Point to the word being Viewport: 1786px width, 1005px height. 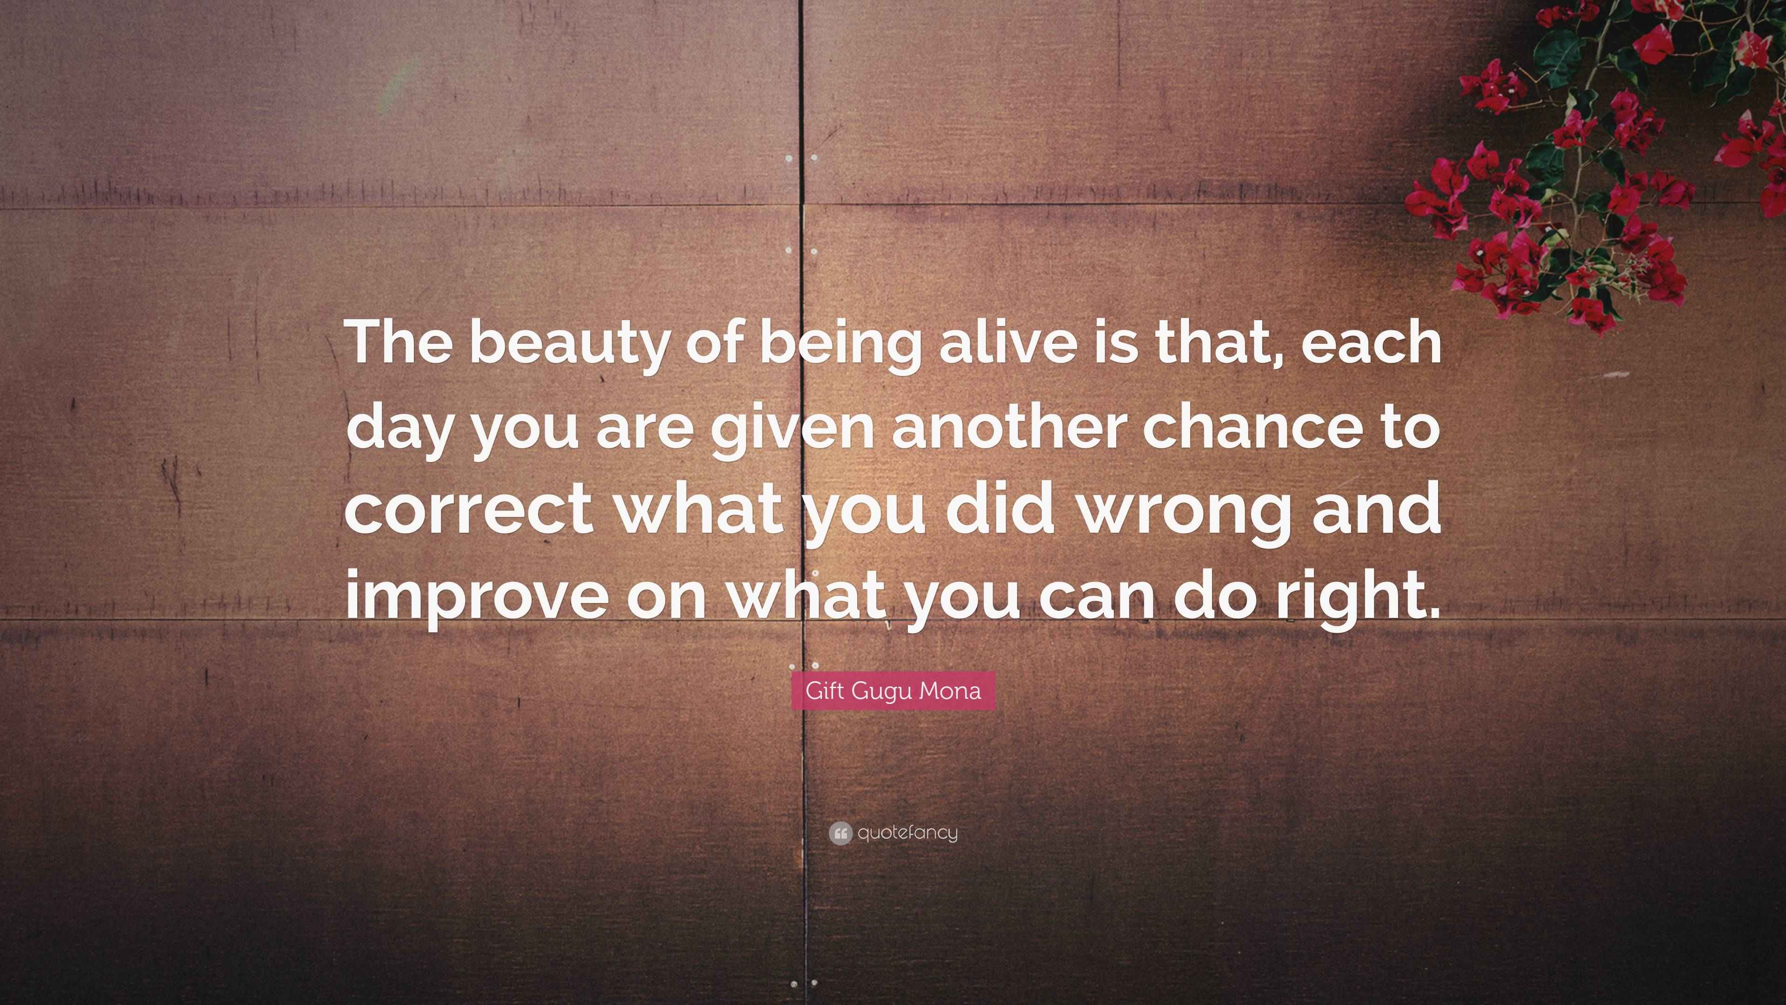tap(840, 345)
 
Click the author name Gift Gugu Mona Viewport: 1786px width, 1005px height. tap(893, 691)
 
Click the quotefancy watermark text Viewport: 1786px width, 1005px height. tap(907, 832)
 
